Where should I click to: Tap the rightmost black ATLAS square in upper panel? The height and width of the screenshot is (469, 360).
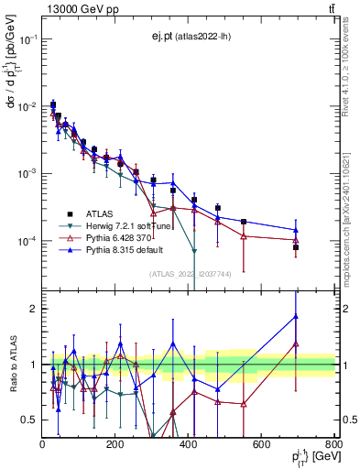pos(296,247)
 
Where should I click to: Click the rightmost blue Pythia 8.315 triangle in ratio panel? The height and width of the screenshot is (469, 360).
pos(296,317)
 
